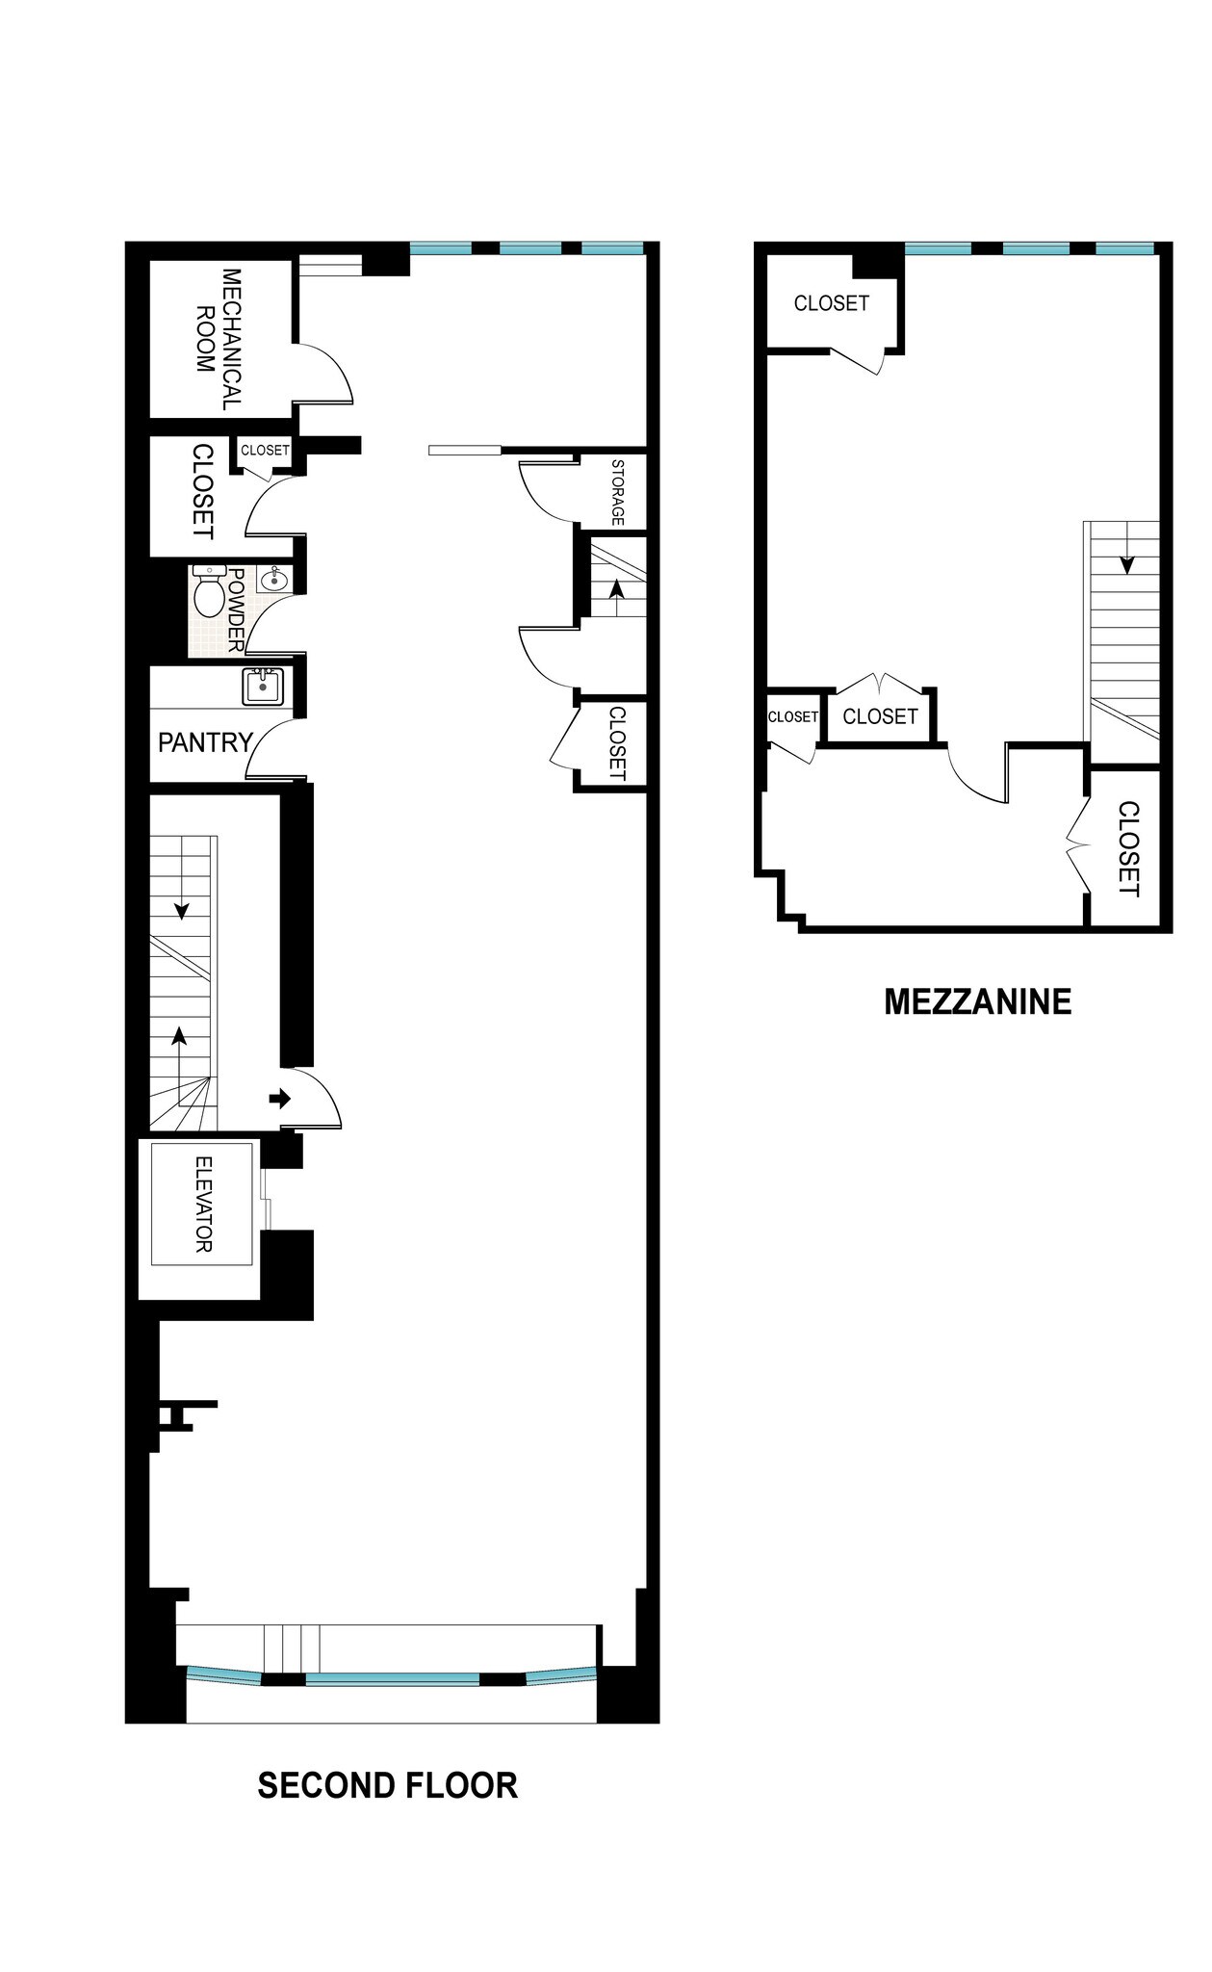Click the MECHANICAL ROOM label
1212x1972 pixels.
219,339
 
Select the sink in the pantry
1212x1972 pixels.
262,688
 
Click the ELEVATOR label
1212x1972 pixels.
203,1204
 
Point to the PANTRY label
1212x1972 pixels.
205,742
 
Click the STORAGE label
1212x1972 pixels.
617,492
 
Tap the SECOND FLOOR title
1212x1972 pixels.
387,1786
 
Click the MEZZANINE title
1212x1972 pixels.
977,1001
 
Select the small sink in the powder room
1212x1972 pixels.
273,579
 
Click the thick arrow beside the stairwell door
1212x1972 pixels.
279,1098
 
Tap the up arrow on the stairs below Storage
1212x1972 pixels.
615,588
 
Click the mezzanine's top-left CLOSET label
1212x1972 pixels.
831,303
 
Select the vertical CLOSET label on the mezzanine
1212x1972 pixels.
1128,848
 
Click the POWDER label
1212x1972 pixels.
236,609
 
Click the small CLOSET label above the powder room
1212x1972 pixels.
265,450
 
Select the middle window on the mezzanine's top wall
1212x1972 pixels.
1036,248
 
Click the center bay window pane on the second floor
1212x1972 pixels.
393,1679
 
